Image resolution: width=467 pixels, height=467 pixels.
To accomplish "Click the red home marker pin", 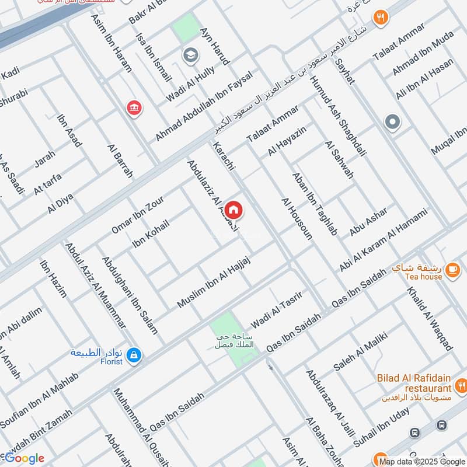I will pyautogui.click(x=233, y=210).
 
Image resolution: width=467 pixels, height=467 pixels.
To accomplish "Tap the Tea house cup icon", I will pyautogui.click(x=452, y=269).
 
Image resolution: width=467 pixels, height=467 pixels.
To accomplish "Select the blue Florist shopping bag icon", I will pyautogui.click(x=134, y=354).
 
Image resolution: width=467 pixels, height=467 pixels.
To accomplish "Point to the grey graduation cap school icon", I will pyautogui.click(x=190, y=55).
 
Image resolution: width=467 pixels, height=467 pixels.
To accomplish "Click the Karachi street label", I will pyautogui.click(x=224, y=156).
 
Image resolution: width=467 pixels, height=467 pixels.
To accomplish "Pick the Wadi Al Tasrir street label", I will pyautogui.click(x=276, y=309).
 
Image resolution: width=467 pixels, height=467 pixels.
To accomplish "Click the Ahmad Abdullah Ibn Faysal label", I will pyautogui.click(x=204, y=106).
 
